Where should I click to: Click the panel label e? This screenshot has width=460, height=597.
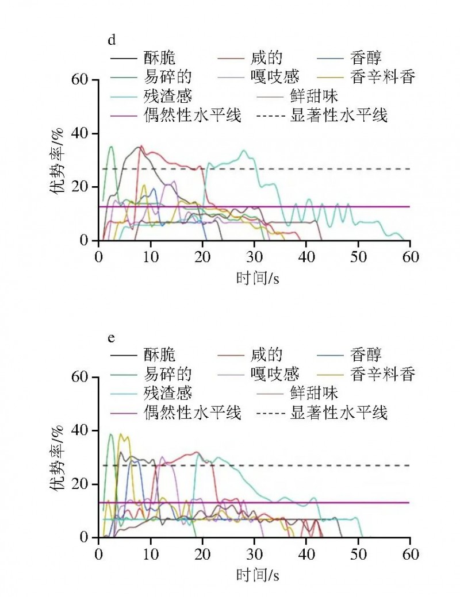[112, 337]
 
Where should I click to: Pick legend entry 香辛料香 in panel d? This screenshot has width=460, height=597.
[382, 76]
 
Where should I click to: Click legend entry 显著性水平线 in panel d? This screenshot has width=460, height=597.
[339, 115]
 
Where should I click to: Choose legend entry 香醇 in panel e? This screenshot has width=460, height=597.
[366, 355]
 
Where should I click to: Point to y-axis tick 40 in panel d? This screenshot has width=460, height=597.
[85, 133]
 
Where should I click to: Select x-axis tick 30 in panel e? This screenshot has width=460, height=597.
[254, 553]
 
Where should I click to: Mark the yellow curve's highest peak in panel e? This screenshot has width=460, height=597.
[120, 434]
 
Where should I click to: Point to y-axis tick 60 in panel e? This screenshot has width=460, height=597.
[85, 377]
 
